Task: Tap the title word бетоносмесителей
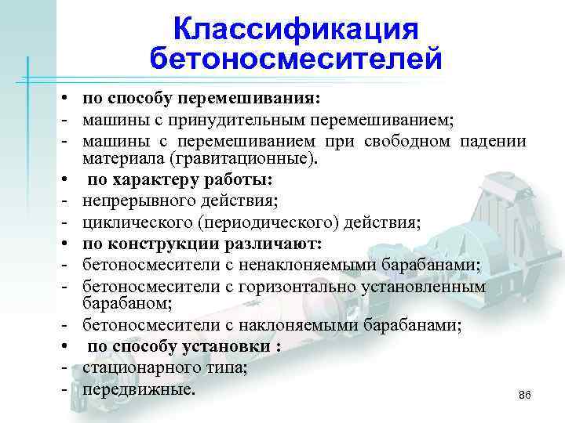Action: coord(296,60)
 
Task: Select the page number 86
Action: coord(525,397)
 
